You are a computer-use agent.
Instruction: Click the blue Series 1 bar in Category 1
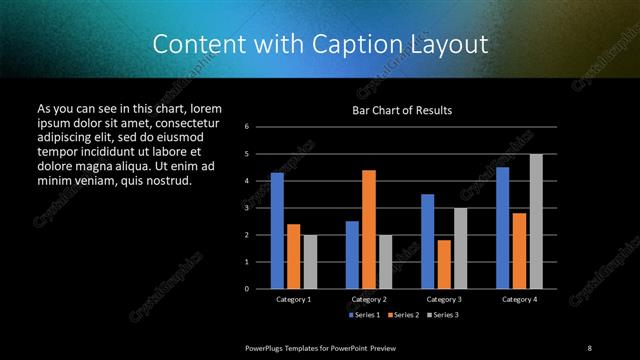pos(277,231)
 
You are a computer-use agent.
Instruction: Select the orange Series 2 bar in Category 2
pos(368,229)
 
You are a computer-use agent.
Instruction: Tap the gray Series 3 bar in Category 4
pos(536,221)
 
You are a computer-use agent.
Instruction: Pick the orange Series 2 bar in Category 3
pos(444,264)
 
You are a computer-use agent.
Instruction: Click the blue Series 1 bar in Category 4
pos(503,228)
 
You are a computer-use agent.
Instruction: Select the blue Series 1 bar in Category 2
pos(352,255)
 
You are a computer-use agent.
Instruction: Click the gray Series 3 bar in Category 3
pos(460,248)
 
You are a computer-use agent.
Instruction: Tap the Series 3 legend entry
pos(443,314)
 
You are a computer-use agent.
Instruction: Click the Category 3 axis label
pos(444,299)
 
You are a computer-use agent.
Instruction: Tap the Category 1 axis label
pos(293,299)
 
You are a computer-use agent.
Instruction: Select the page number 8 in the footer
pos(589,347)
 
